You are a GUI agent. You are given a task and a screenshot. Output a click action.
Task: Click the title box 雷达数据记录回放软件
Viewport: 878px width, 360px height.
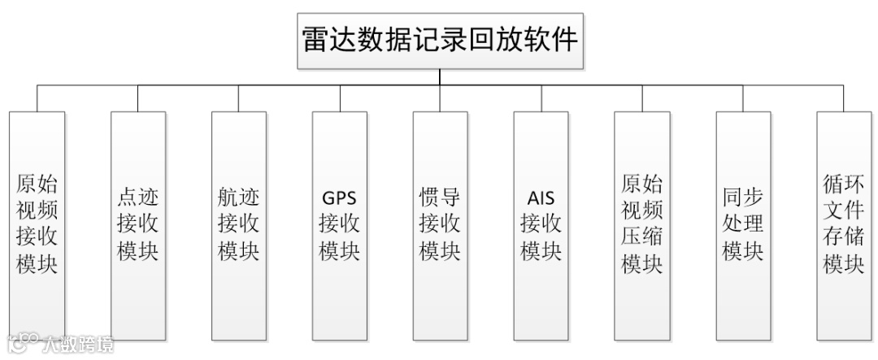tap(440, 41)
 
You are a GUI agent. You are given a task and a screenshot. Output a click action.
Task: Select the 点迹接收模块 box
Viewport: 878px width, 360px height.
tap(137, 224)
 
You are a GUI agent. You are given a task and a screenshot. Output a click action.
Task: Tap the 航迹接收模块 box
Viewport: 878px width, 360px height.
tap(238, 224)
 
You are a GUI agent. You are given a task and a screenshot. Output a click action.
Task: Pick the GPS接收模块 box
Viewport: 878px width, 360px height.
tap(339, 224)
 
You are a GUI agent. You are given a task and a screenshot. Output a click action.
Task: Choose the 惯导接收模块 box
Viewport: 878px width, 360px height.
tap(440, 224)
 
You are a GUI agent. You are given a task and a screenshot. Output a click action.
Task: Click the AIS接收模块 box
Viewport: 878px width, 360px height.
tap(541, 224)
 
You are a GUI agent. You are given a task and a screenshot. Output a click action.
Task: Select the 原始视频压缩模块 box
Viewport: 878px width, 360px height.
tap(642, 224)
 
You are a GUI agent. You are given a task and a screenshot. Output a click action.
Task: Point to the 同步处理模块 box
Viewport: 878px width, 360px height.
tap(743, 224)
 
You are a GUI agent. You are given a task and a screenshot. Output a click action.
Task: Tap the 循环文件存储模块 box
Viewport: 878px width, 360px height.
tap(844, 224)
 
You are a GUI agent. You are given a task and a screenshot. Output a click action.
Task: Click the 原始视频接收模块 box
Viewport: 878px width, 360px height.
tap(37, 224)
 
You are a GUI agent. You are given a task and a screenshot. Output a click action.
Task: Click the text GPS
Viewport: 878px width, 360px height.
tap(339, 197)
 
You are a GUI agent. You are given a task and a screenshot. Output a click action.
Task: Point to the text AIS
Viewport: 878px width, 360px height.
tap(541, 197)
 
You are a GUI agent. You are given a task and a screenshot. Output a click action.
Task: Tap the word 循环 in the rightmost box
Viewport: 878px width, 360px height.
tap(844, 184)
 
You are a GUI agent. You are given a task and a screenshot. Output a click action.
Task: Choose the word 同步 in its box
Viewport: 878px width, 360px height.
tap(743, 197)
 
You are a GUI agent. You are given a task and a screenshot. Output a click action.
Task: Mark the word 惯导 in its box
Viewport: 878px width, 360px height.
tap(440, 197)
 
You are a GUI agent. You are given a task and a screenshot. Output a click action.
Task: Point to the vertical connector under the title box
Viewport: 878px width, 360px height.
tap(440, 76)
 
